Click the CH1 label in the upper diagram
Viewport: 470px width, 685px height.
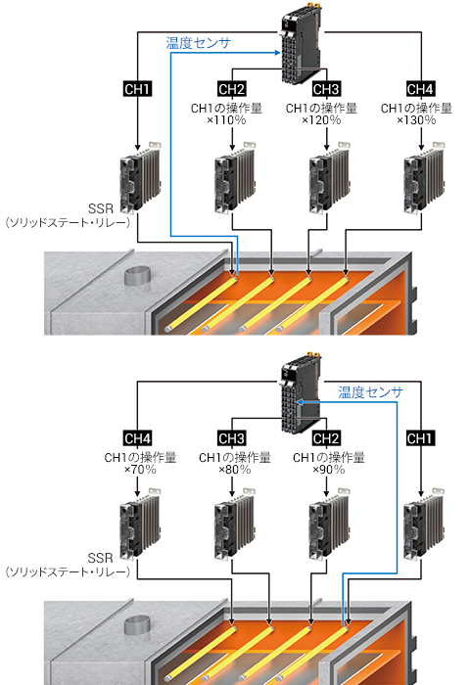(x=137, y=89)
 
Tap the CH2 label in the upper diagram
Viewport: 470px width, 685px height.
(x=232, y=89)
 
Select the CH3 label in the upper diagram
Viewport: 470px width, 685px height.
(x=326, y=89)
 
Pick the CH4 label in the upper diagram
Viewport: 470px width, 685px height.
(x=421, y=89)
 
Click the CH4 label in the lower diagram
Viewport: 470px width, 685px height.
(x=137, y=438)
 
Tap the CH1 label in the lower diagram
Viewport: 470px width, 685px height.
(x=421, y=438)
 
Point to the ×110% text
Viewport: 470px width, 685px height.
(x=226, y=120)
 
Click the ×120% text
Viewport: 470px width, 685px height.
(x=321, y=120)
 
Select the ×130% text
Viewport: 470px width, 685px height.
(x=416, y=120)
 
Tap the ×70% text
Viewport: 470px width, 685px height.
(x=140, y=470)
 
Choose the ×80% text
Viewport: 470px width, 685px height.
(x=234, y=470)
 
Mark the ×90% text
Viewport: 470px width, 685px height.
(x=329, y=470)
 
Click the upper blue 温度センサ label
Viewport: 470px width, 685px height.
(x=198, y=43)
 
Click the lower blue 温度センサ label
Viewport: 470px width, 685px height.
(x=370, y=392)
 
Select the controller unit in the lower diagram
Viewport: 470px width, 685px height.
(x=302, y=393)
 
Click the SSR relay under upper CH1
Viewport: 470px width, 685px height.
(x=140, y=177)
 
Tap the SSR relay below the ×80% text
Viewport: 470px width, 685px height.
(x=234, y=525)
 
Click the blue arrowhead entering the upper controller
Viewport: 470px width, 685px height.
(x=277, y=53)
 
